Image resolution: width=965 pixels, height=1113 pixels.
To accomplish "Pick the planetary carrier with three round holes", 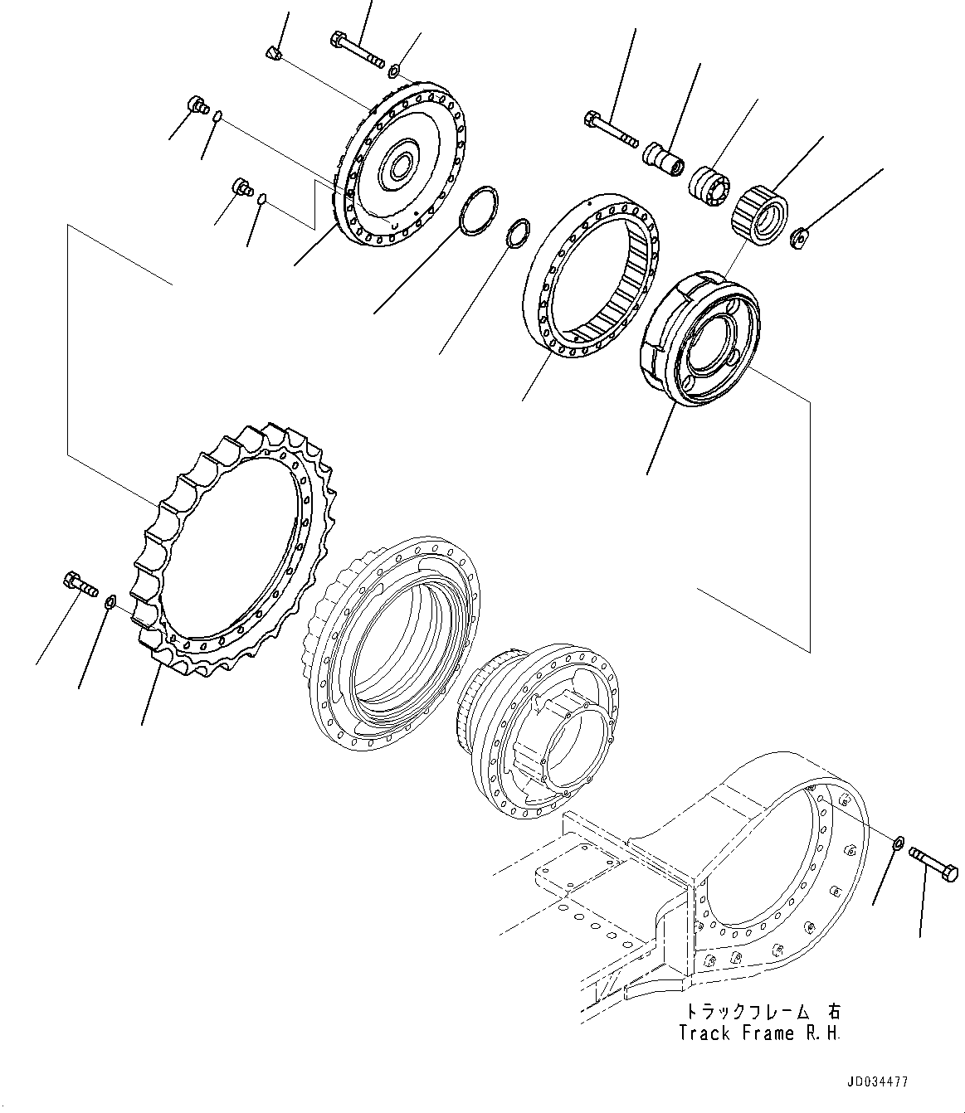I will click(x=702, y=335).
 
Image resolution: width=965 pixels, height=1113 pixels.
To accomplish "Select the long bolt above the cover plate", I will click(x=357, y=49).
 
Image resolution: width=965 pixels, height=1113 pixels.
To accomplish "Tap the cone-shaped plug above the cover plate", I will click(x=275, y=54).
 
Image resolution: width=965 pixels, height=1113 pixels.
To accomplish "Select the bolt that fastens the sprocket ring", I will click(x=78, y=583).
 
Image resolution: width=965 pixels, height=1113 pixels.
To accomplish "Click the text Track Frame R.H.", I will click(x=758, y=1033).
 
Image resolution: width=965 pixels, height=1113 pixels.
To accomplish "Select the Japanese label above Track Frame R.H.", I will click(x=761, y=1012).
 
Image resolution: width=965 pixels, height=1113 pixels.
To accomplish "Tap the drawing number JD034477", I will click(x=877, y=1082).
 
